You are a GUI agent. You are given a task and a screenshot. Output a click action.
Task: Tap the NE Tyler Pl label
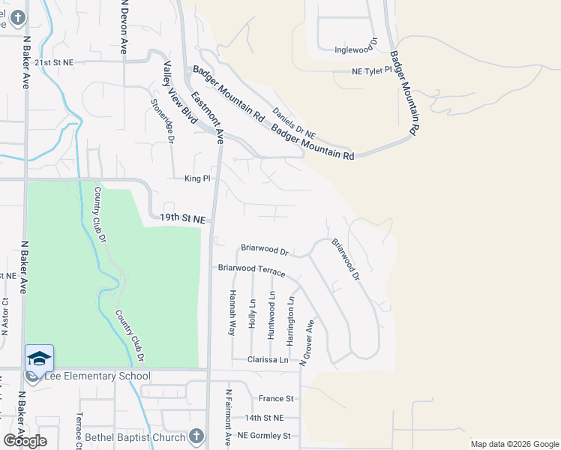click(372, 71)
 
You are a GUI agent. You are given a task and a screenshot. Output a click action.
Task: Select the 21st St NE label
click(54, 63)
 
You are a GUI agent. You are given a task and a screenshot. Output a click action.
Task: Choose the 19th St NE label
click(182, 218)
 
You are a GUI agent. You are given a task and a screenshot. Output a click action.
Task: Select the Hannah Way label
click(232, 312)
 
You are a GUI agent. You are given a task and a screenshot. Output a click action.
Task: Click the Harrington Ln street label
click(290, 320)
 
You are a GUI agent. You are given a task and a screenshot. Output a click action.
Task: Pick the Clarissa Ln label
click(268, 360)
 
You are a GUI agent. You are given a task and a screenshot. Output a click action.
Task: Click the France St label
click(276, 399)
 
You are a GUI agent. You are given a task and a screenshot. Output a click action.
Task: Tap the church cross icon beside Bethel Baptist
click(196, 436)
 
